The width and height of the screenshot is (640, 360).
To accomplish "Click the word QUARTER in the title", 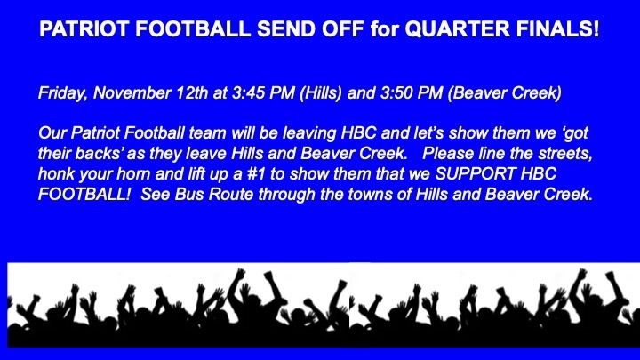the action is point(457,29).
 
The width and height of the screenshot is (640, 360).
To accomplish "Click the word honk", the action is point(54,174).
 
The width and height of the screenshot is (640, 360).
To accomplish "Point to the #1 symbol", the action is point(256,174).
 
